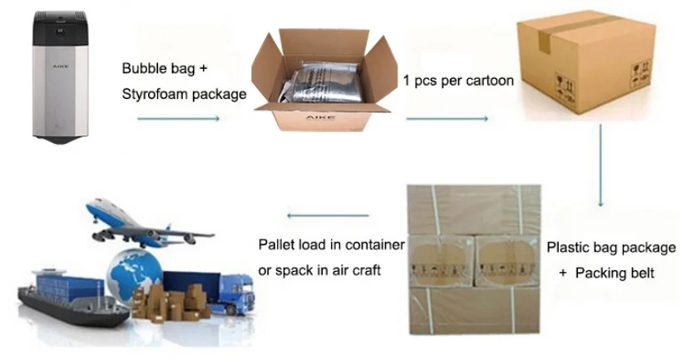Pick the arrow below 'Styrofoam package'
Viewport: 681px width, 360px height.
pyautogui.click(x=178, y=119)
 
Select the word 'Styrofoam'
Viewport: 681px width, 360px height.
pyautogui.click(x=153, y=94)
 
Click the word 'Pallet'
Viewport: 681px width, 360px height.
pyautogui.click(x=277, y=244)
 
